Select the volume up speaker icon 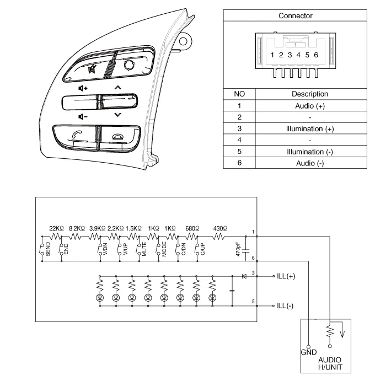83,88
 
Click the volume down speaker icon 83,116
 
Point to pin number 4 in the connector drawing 298,55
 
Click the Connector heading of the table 295,15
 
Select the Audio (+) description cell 309,105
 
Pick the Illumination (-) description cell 309,152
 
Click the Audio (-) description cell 309,163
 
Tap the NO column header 239,94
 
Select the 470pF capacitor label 238,249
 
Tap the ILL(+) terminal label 286,276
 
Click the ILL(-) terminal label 285,305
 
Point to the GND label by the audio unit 308,352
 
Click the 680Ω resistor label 192,228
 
